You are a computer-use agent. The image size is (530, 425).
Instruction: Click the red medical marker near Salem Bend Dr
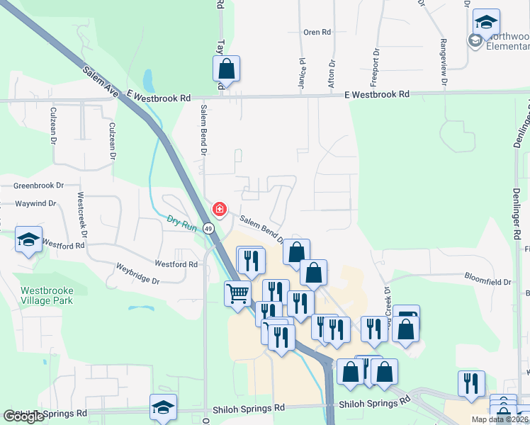[x=220, y=210]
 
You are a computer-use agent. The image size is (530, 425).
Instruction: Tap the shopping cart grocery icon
[x=237, y=293]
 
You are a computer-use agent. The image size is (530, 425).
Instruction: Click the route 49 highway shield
[x=208, y=229]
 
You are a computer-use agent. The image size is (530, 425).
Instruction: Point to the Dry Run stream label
[x=181, y=221]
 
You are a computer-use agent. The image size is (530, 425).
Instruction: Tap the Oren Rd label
[x=317, y=33]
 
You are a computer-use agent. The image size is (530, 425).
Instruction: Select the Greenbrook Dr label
[x=38, y=186]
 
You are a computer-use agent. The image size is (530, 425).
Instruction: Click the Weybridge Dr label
[x=138, y=274]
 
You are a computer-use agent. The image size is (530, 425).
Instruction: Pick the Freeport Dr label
[x=374, y=67]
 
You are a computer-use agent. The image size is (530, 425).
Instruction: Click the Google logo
[x=23, y=416]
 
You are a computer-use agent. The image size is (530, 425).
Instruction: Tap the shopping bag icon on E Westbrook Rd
[x=226, y=69]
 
